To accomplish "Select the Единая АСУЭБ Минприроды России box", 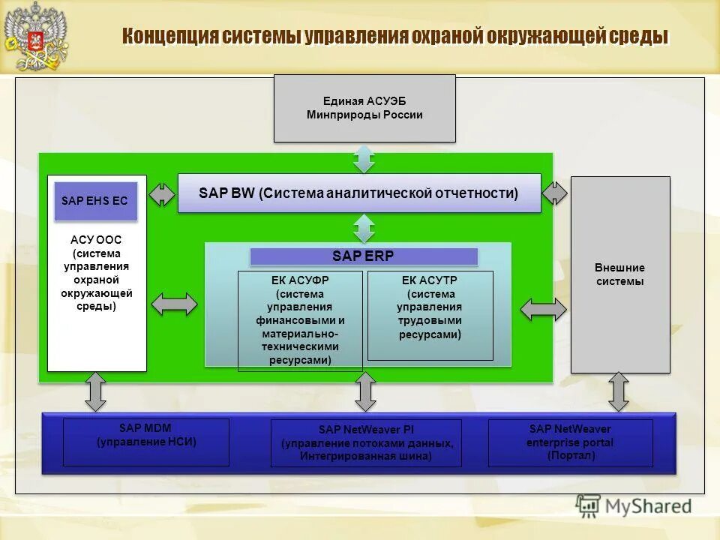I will click(364, 108).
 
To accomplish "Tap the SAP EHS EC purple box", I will click(95, 201).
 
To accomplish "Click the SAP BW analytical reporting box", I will click(358, 193).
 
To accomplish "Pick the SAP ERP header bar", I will click(364, 256).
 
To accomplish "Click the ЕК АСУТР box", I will click(430, 315).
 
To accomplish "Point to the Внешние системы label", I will click(619, 274).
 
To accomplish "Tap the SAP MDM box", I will click(146, 442).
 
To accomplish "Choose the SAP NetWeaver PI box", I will click(366, 442).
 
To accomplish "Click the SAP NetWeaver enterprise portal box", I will click(570, 442).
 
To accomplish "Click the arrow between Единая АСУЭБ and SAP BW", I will click(364, 158).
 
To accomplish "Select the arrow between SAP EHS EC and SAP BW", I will click(161, 193).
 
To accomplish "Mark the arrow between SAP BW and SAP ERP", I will click(364, 227).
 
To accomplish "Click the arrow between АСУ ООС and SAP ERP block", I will click(175, 304).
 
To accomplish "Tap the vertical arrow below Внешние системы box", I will click(618, 391).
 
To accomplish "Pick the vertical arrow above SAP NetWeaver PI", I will click(365, 391).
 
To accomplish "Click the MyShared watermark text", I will click(649, 506).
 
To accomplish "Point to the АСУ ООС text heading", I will click(96, 240).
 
